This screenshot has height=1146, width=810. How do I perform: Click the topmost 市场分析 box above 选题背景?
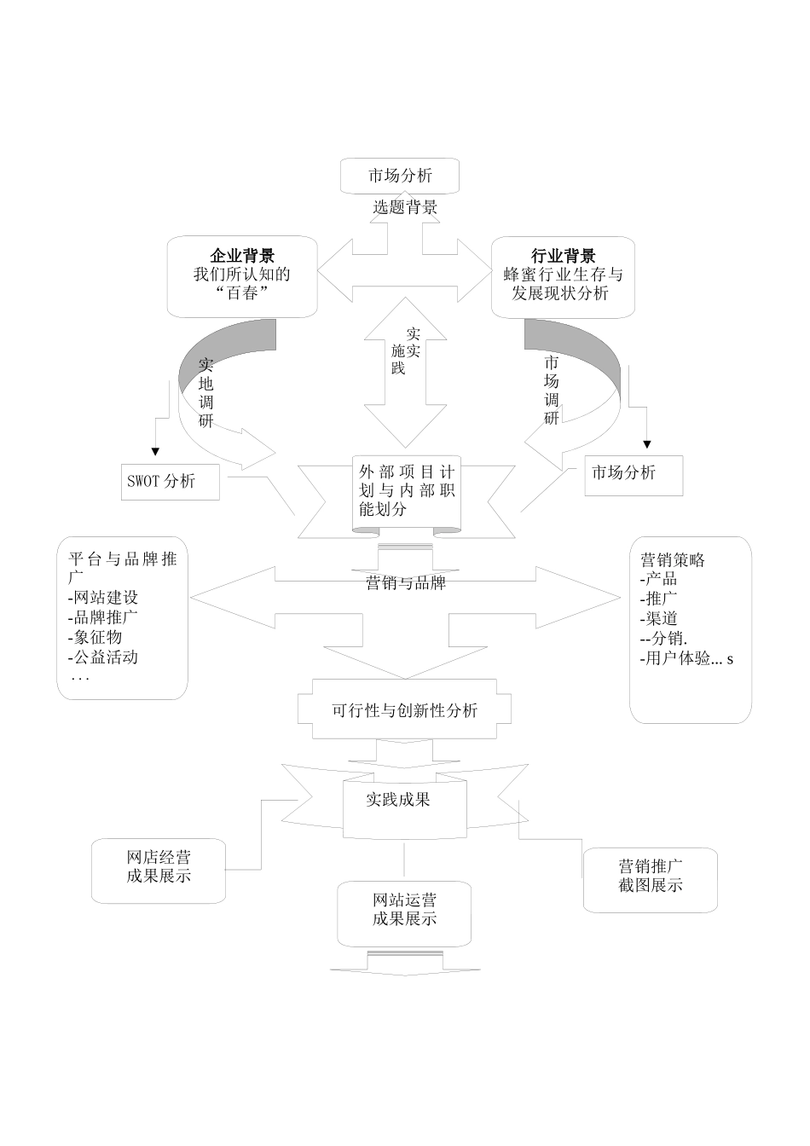400,177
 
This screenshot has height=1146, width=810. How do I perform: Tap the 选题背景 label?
405,207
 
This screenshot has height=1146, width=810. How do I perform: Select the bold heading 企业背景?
242,256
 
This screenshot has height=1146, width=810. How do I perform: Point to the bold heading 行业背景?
564,256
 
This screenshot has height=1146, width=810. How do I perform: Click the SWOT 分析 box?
170,482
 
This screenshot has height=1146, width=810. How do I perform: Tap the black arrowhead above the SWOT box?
155,452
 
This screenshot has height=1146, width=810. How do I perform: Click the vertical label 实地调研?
206,392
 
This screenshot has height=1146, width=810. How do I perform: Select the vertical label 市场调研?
552,390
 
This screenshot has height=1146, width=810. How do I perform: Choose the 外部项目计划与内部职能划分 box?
406,491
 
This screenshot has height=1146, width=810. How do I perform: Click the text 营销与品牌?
405,583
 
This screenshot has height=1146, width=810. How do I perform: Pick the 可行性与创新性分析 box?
405,710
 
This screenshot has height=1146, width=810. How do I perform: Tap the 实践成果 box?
398,800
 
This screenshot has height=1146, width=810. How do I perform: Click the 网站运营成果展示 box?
404,910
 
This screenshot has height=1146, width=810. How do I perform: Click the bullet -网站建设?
103,598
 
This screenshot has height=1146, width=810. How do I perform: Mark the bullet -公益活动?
103,657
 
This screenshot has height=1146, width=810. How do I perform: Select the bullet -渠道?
658,618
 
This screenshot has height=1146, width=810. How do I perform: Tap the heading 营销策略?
673,560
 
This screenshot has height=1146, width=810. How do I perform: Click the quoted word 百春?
243,293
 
